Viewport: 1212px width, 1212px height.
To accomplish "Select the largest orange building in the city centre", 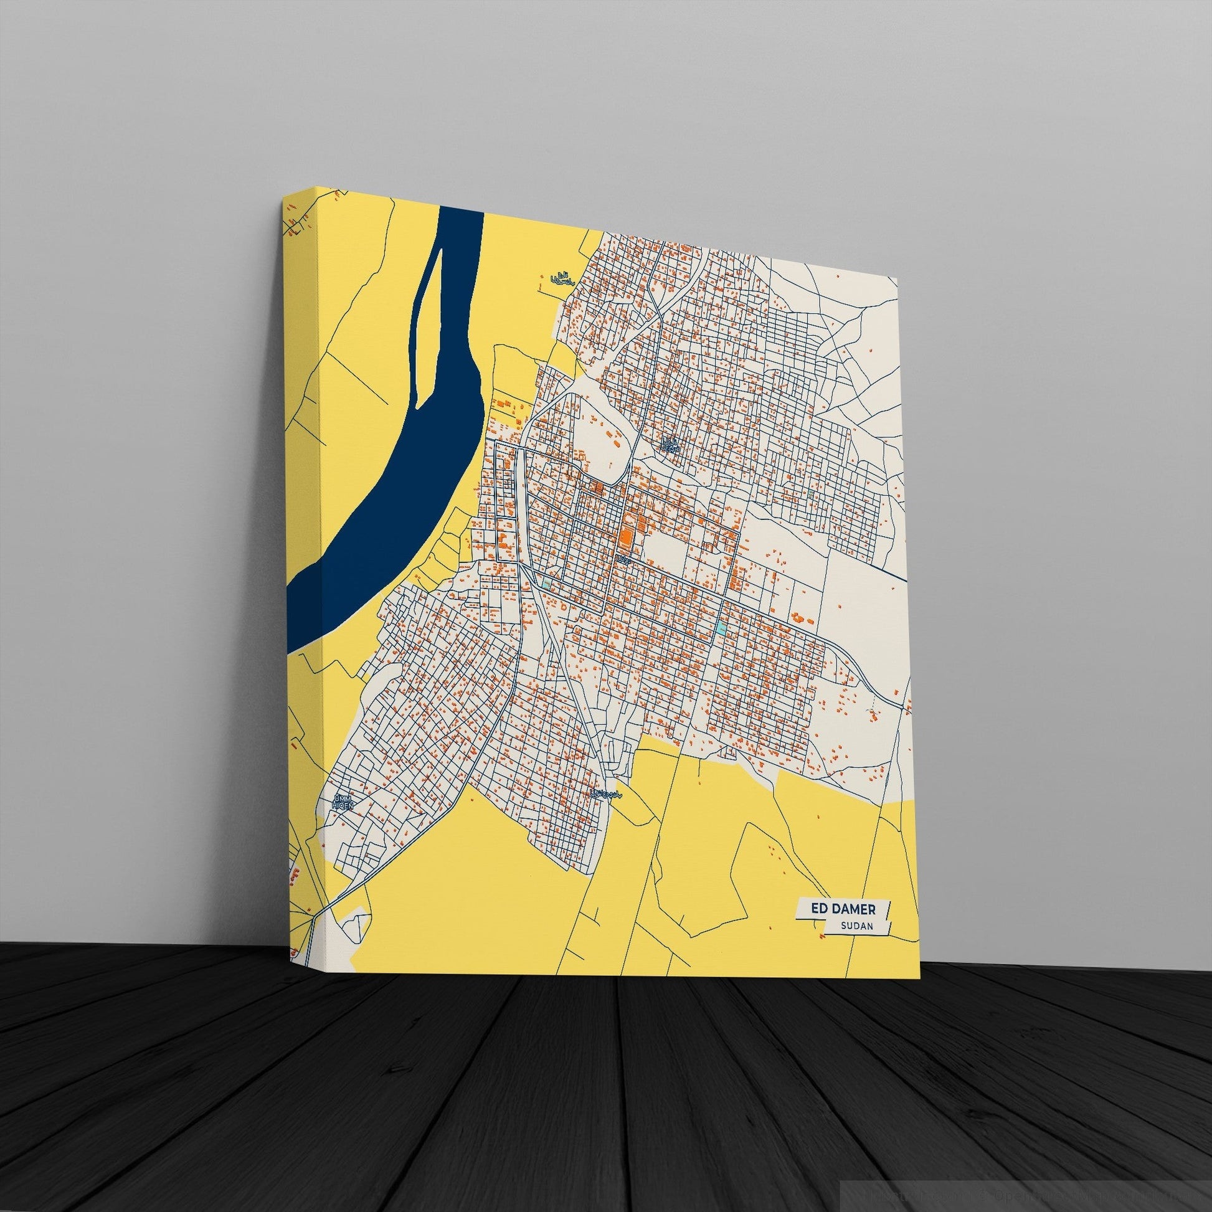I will [x=625, y=521].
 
